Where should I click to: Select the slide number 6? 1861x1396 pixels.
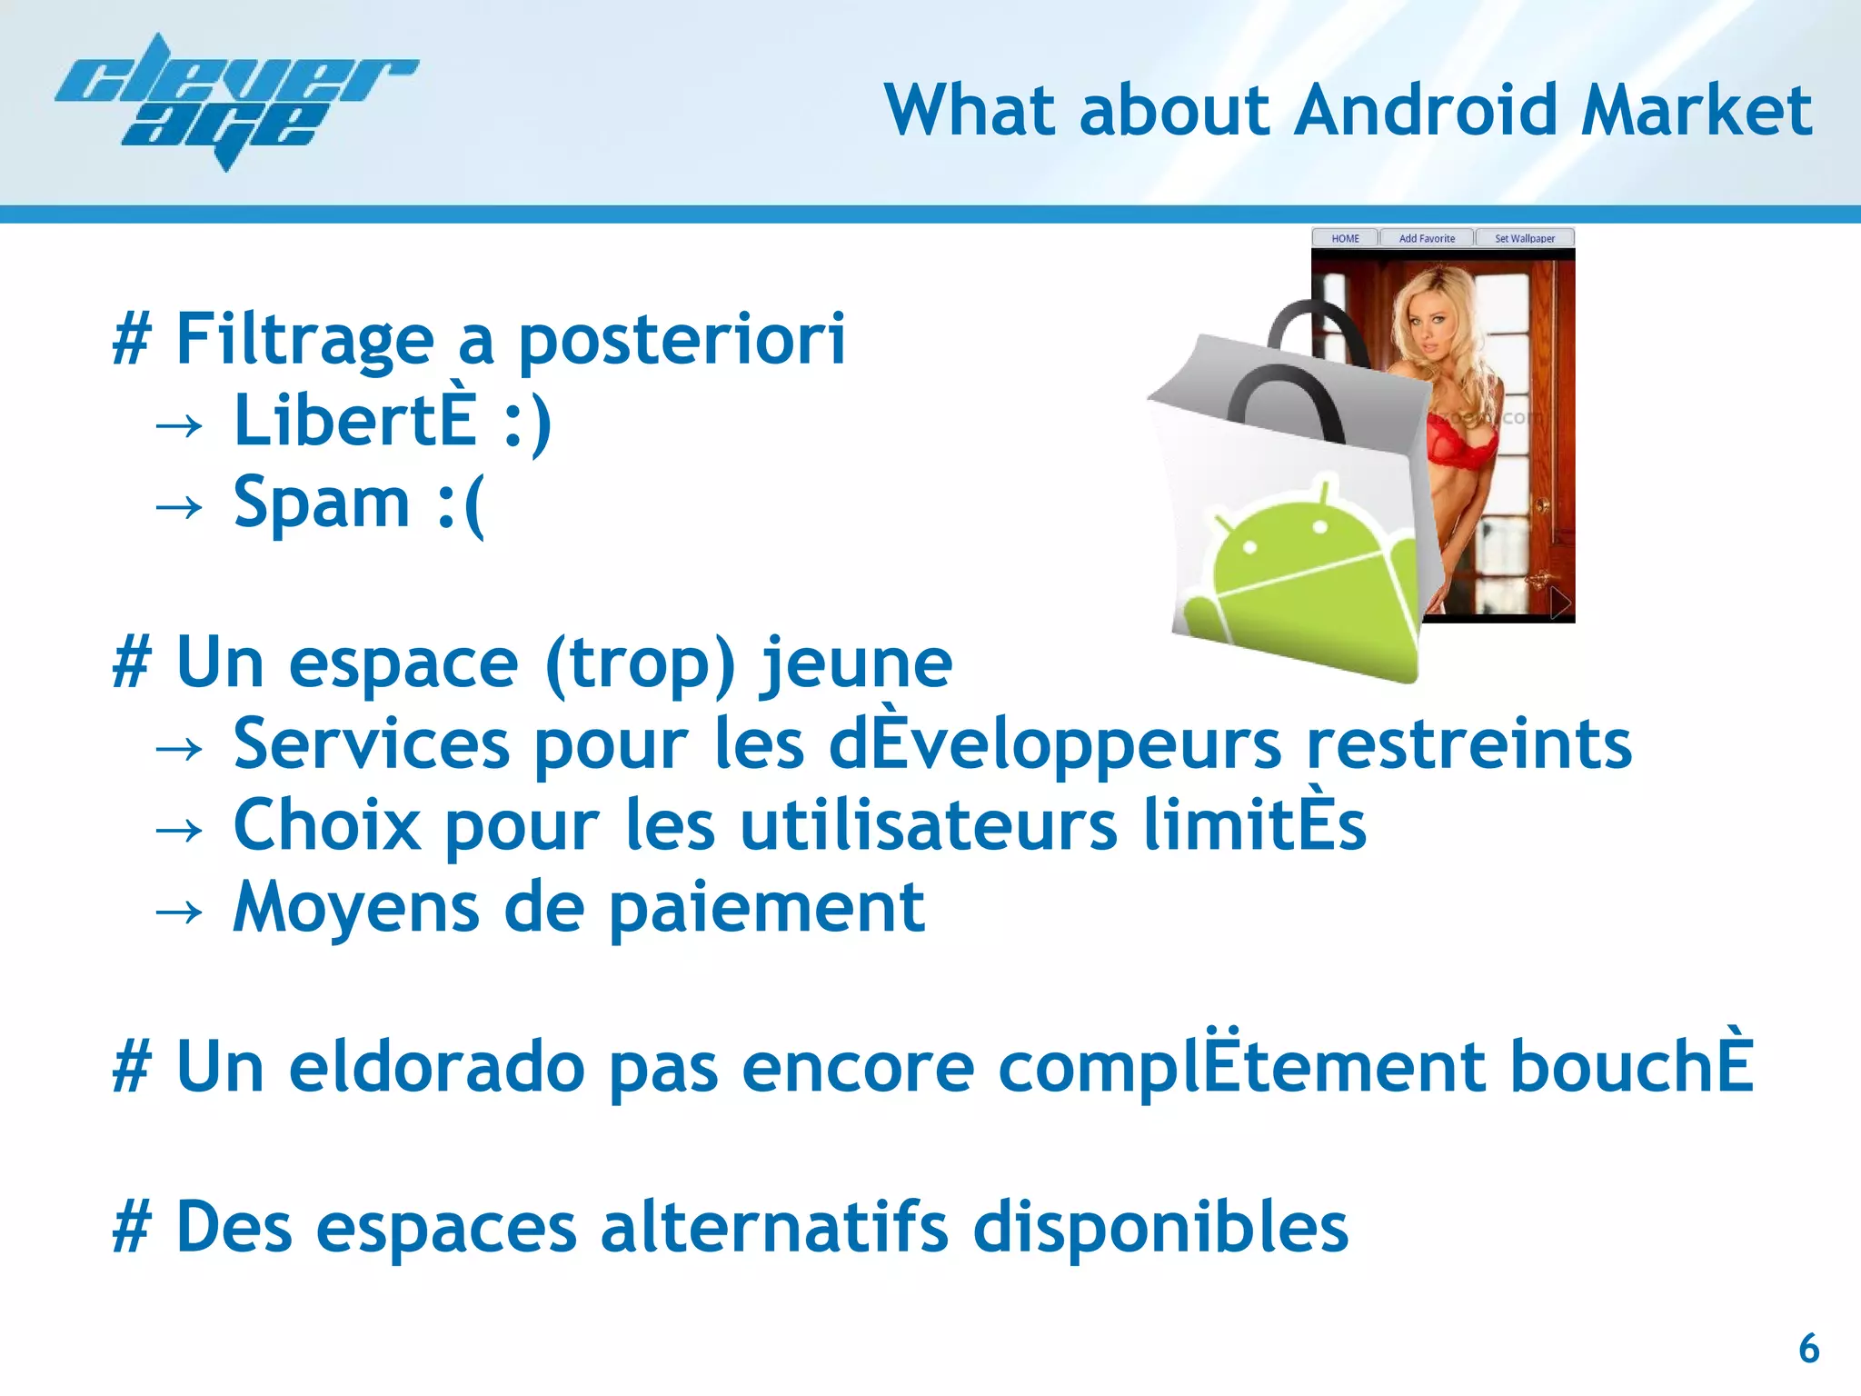coord(1808,1348)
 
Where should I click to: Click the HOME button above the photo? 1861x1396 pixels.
coord(1345,238)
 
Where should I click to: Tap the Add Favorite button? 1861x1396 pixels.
coord(1427,238)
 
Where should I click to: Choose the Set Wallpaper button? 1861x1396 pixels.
coord(1525,238)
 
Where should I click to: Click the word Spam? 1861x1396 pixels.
coord(322,502)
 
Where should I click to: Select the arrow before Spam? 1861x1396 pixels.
coord(178,506)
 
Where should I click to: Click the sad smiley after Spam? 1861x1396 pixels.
coord(462,505)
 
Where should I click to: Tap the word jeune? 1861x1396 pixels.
coord(857,663)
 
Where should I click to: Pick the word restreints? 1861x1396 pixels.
coord(1468,744)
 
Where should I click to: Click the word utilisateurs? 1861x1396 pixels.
coord(929,825)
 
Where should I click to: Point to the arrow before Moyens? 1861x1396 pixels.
coord(178,912)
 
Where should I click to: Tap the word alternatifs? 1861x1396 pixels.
coord(774,1228)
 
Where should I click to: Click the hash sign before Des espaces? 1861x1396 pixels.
coord(131,1228)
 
